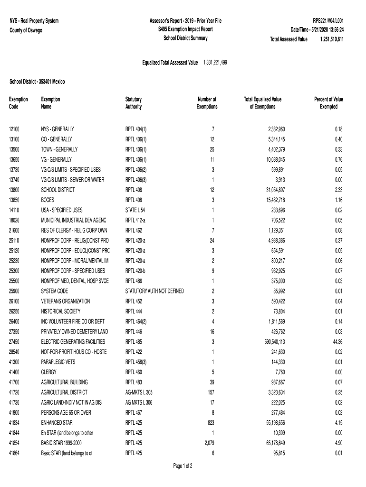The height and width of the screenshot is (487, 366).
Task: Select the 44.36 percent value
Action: point(337,342)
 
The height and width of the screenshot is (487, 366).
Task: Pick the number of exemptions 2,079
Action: point(207,443)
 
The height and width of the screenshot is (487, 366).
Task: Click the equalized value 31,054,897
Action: point(270,190)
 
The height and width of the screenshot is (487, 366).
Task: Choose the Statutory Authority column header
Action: point(134,103)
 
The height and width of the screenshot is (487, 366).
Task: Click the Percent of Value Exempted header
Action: point(328,103)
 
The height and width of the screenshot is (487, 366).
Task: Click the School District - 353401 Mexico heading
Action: point(38,82)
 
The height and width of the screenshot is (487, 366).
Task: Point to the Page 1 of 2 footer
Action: point(183,466)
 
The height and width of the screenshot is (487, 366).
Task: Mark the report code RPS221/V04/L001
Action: point(328,21)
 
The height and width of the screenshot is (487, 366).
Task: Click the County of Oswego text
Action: point(26,30)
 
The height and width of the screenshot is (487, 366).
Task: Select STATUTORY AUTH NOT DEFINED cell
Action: point(154,291)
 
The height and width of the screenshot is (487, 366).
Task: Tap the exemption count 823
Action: point(210,422)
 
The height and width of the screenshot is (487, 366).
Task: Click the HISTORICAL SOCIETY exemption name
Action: point(61,312)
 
